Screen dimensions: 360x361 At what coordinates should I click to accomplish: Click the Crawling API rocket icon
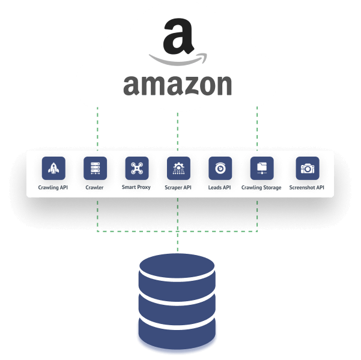pyautogui.click(x=53, y=169)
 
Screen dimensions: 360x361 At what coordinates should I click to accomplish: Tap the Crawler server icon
pyautogui.click(x=95, y=169)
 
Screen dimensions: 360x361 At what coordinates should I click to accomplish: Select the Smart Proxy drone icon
pyautogui.click(x=136, y=169)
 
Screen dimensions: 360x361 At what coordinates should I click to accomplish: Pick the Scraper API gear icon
pyautogui.click(x=178, y=169)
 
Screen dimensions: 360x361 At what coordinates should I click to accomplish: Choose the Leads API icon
pyautogui.click(x=220, y=169)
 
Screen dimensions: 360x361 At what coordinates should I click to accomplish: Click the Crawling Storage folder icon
pyautogui.click(x=261, y=169)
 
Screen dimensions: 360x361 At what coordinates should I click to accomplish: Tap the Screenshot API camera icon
pyautogui.click(x=308, y=169)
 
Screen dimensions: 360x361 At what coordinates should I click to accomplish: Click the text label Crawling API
pyautogui.click(x=53, y=188)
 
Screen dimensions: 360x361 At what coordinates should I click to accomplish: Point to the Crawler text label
pyautogui.click(x=95, y=188)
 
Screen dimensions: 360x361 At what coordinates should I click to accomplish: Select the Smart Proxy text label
pyautogui.click(x=136, y=188)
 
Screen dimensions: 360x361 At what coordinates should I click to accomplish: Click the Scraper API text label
pyautogui.click(x=178, y=188)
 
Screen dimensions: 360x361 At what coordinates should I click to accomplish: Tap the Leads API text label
pyautogui.click(x=220, y=188)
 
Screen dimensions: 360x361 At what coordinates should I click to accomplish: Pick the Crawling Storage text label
pyautogui.click(x=261, y=188)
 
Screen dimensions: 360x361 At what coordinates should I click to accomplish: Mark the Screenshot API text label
pyautogui.click(x=307, y=188)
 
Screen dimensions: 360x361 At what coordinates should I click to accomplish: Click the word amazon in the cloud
pyautogui.click(x=177, y=85)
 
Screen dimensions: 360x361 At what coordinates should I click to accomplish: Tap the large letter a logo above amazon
pyautogui.click(x=178, y=37)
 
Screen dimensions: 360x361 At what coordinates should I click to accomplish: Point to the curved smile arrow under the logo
pyautogui.click(x=178, y=60)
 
